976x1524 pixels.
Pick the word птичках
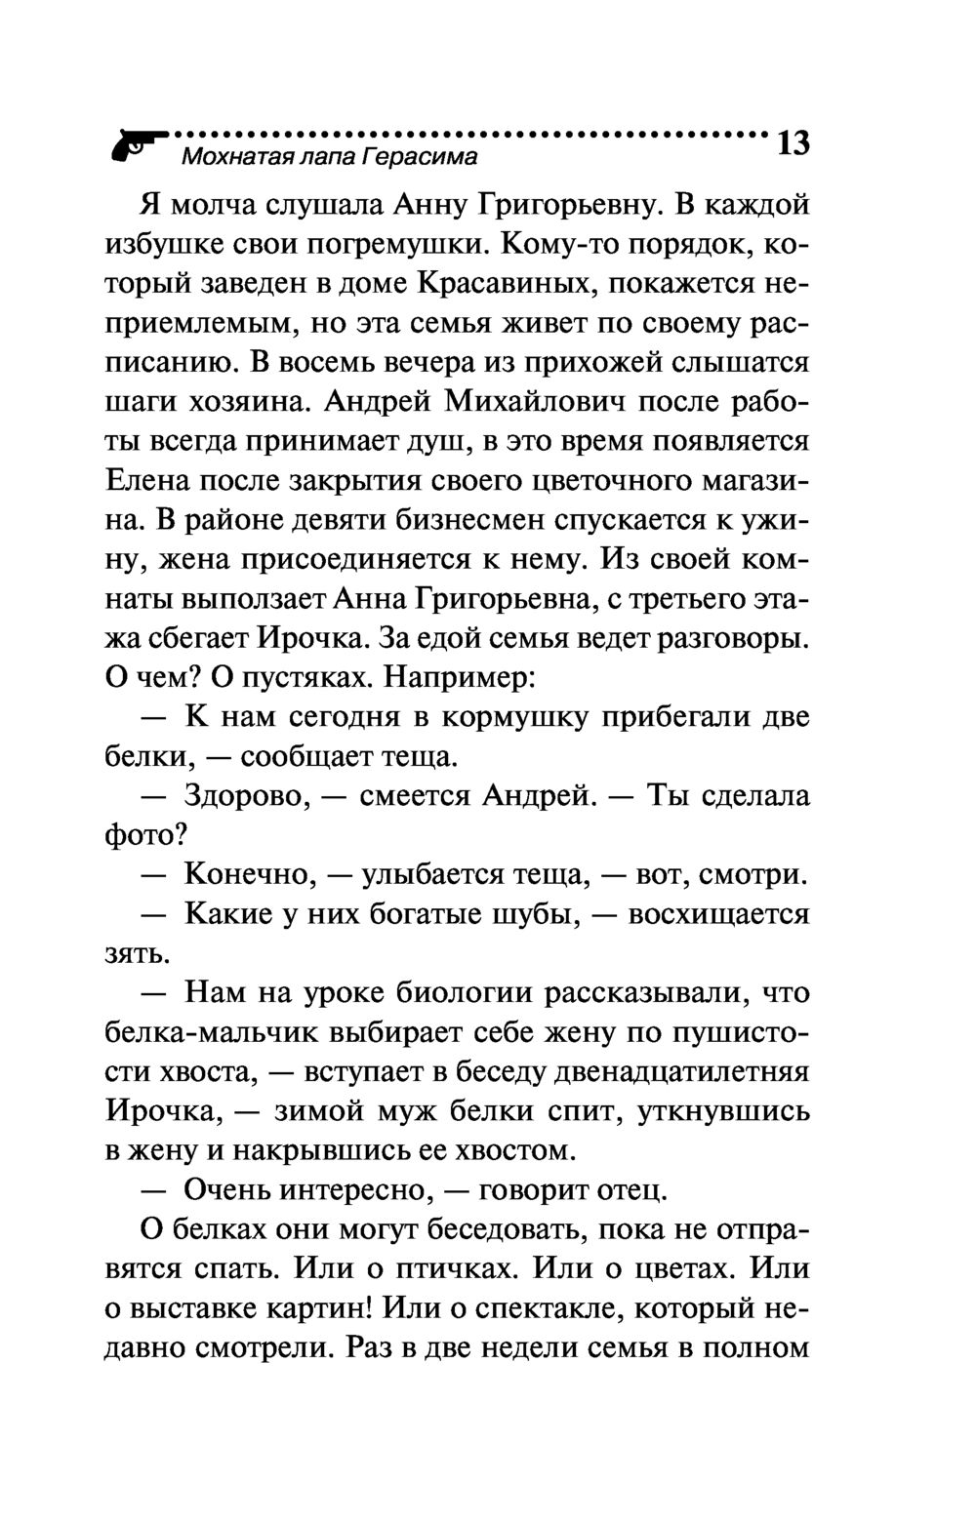click(x=450, y=1270)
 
